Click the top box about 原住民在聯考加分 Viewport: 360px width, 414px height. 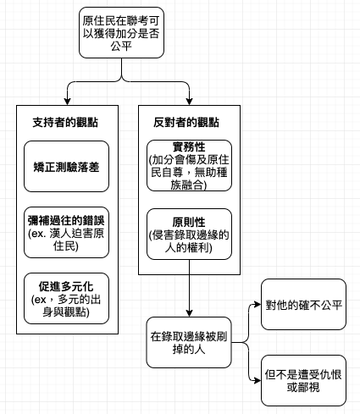121,33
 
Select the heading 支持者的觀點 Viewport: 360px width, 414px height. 65,123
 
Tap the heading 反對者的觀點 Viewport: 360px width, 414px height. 186,123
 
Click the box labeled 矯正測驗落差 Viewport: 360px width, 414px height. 66,167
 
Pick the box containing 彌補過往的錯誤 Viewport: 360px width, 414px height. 66,233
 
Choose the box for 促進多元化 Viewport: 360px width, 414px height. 66,299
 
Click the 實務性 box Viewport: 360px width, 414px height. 189,166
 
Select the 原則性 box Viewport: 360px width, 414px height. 189,235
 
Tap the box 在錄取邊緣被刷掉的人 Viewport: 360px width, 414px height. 189,343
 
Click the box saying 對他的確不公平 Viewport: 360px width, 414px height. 303,305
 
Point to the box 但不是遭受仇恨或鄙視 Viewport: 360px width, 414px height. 303,381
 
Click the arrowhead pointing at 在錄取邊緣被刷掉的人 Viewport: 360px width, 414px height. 189,313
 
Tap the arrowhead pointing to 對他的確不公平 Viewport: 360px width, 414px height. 258,305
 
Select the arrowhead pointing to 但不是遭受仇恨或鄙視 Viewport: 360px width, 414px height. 258,381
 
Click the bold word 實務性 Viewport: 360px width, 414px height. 189,147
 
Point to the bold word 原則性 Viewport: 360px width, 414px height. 189,222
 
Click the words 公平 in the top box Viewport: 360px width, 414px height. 121,47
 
